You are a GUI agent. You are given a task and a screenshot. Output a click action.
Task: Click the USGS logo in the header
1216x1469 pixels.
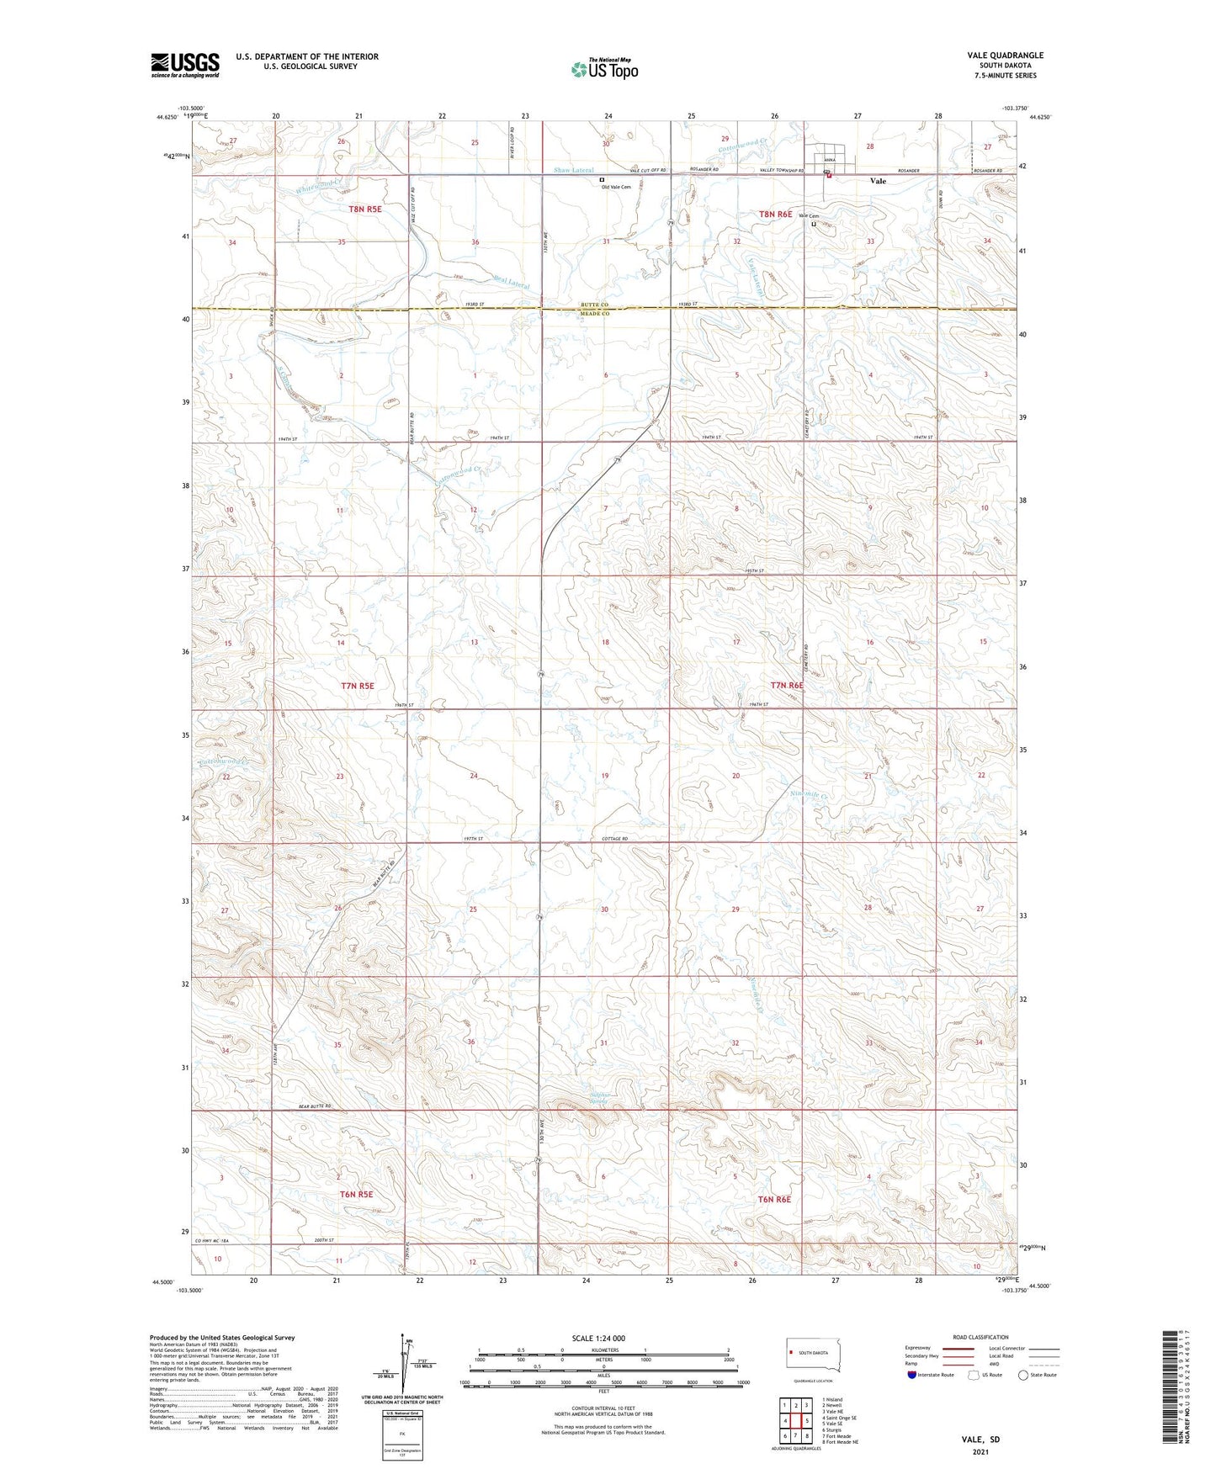[184, 65]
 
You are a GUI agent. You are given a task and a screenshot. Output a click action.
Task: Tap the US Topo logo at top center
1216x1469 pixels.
[604, 69]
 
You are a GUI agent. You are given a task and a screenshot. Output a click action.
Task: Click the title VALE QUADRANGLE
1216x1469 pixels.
[1005, 56]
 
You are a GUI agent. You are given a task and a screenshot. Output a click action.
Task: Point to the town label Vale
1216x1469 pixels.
[878, 181]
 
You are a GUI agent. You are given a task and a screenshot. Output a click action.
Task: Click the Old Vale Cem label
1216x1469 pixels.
[616, 187]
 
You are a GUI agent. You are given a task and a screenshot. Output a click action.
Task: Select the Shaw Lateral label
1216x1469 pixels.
[574, 171]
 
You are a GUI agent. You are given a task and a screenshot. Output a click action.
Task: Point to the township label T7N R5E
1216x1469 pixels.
[358, 686]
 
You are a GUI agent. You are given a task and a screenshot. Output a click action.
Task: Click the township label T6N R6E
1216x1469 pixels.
[774, 1200]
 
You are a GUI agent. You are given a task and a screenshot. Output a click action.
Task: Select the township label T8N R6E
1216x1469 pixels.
[775, 214]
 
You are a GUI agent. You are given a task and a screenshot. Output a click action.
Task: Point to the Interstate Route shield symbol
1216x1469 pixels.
[912, 1375]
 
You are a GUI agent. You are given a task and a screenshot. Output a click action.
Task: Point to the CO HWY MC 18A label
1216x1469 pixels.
[213, 1241]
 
